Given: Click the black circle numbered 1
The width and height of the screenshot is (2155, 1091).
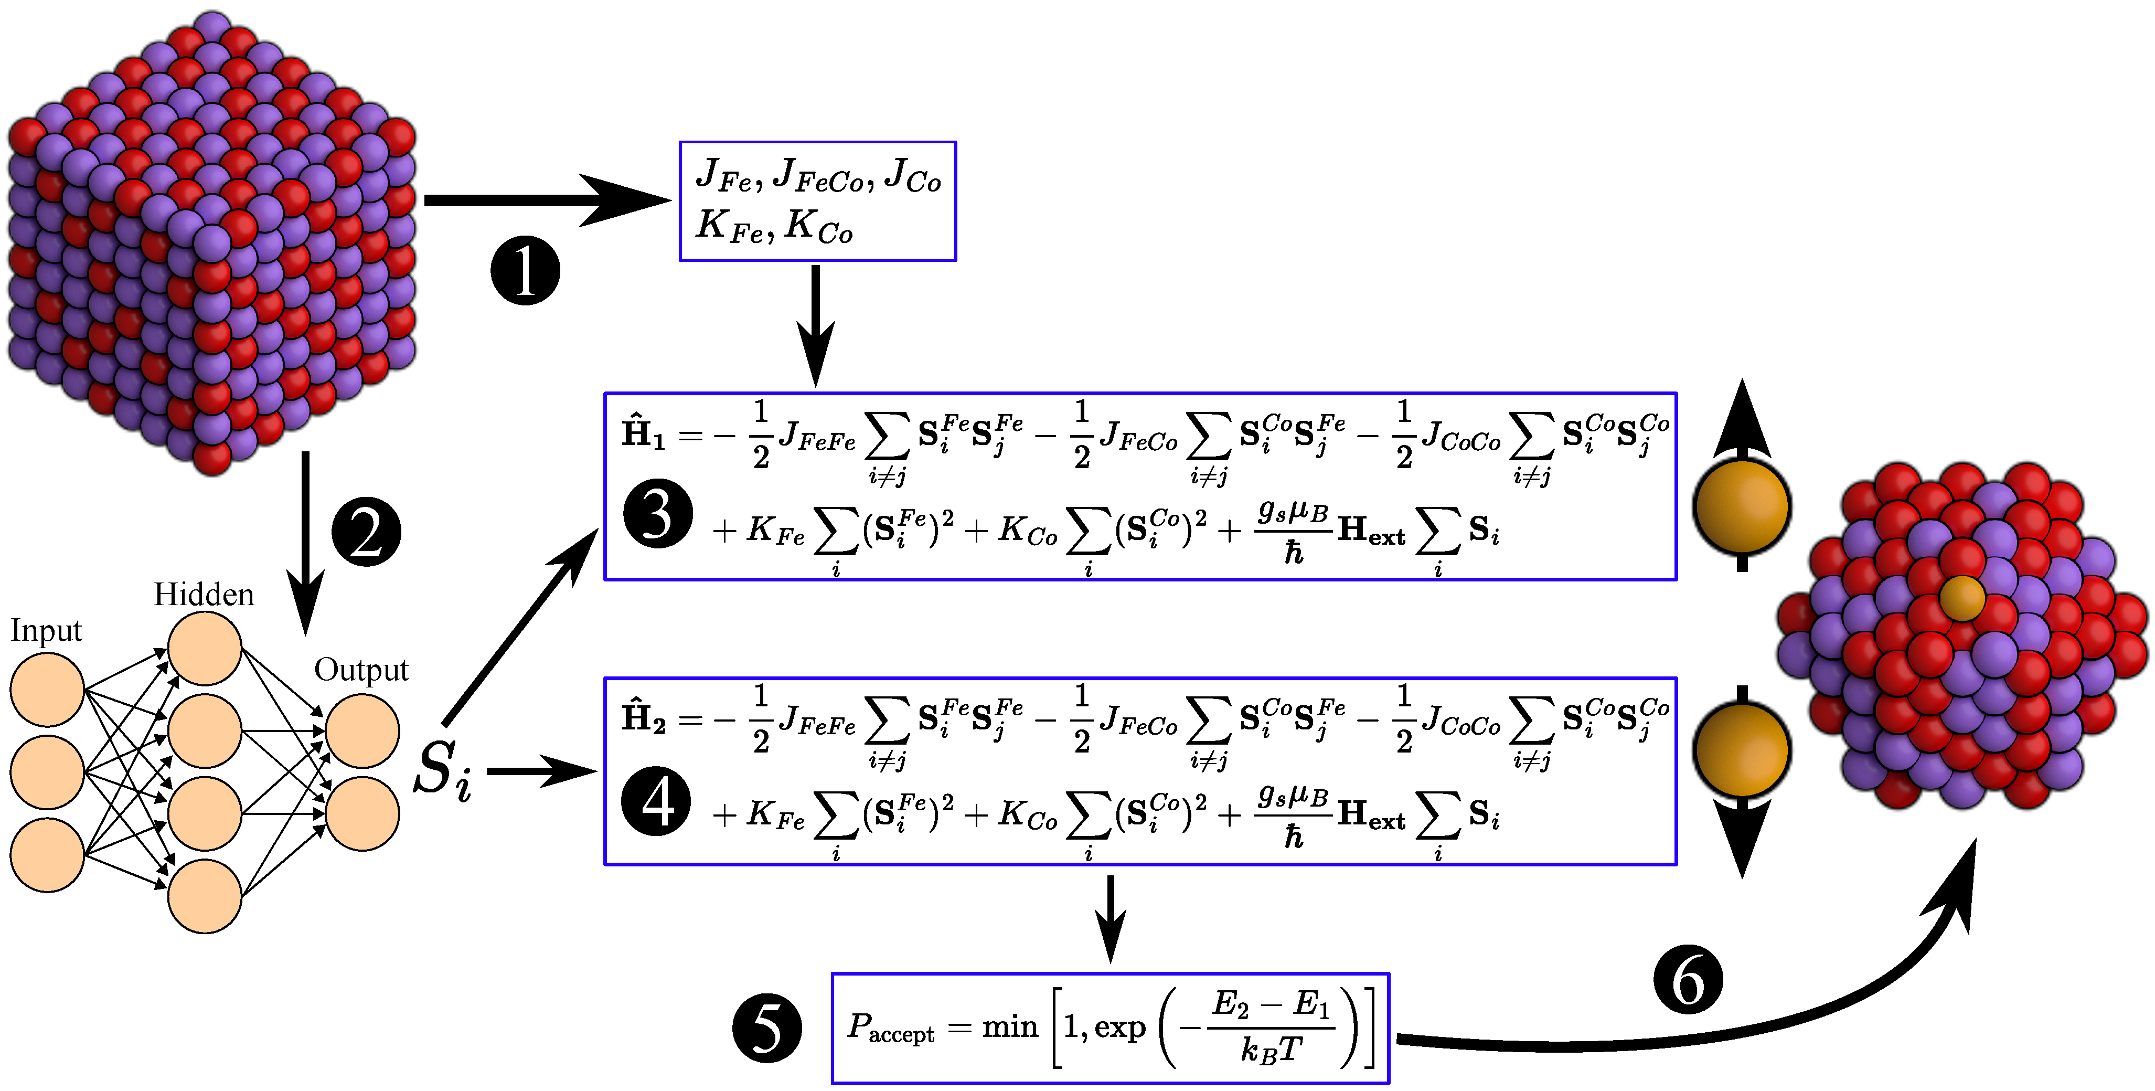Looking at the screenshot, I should point(525,270).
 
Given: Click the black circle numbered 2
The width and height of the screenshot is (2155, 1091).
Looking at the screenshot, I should point(366,532).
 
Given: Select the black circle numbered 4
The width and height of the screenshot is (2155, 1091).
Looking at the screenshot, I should point(656,801).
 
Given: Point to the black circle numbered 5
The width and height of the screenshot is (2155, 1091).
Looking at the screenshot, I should point(766,1028).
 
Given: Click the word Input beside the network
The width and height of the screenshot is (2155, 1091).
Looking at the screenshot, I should point(46,631).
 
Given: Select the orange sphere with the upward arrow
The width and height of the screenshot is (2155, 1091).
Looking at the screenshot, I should point(1742,507).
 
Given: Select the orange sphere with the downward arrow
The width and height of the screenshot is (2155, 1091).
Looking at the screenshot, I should point(1742,750).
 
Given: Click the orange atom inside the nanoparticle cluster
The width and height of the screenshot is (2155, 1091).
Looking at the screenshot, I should point(1962,597).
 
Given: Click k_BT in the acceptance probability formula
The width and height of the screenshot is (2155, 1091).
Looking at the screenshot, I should point(1271,1050).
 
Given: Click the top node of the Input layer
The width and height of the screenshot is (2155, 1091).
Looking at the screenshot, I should point(47,690).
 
